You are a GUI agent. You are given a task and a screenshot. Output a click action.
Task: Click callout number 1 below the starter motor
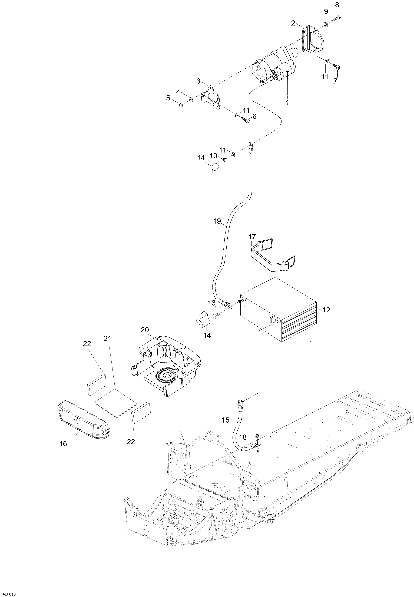[287, 103]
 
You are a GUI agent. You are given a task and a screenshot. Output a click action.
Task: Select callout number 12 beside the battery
[326, 310]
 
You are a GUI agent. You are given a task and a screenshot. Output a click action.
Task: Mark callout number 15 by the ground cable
[226, 420]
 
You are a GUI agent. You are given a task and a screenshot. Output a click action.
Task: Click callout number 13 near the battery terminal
[212, 303]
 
